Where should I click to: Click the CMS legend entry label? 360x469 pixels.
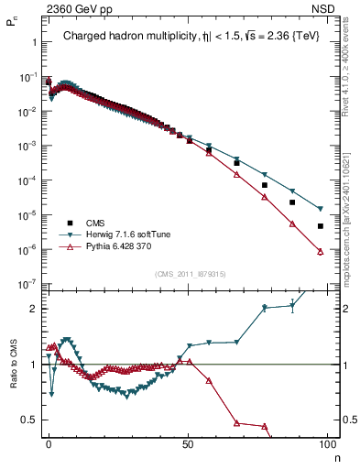(95, 223)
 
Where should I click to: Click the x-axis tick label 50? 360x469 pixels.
(187, 445)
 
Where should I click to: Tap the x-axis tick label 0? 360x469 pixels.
(49, 445)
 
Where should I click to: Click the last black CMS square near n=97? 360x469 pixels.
(320, 226)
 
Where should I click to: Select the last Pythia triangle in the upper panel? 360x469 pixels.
(320, 251)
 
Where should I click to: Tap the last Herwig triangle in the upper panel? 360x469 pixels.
(320, 209)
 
